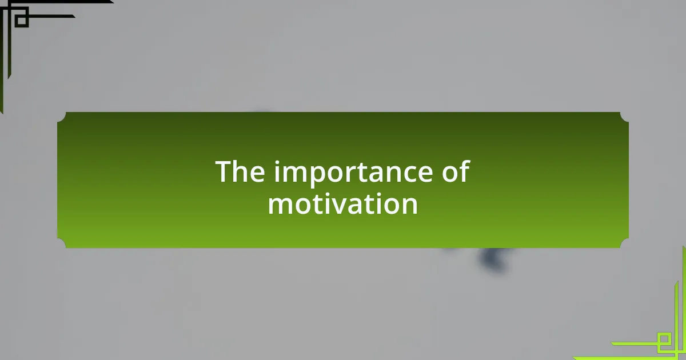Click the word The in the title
[x=240, y=171]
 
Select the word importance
[x=353, y=173]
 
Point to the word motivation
[x=343, y=203]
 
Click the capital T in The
[x=225, y=172]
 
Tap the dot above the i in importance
[x=277, y=162]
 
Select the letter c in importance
[x=405, y=174]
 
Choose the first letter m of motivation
[x=280, y=206]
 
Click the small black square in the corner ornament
[x=22, y=20]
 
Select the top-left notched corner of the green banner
[x=62, y=117]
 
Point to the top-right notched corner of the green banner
[x=624, y=117]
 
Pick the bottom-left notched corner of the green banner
[x=62, y=243]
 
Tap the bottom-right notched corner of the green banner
[x=624, y=243]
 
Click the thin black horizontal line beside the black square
[x=51, y=16]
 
